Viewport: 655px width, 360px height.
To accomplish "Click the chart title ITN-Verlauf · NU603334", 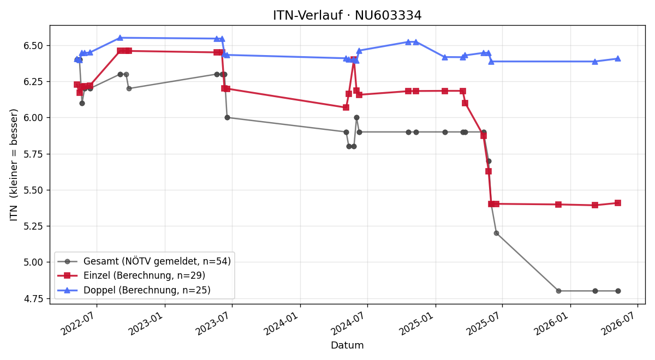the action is tap(347, 15).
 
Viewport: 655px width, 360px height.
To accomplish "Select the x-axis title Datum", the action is tap(347, 345).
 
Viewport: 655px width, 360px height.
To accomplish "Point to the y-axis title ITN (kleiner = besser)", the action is tap(14, 165).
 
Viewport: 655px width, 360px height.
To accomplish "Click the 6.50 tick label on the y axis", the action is tap(33, 46).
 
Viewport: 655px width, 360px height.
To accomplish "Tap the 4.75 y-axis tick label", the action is tap(33, 299).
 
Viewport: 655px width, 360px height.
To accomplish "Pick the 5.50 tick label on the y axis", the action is tap(33, 190).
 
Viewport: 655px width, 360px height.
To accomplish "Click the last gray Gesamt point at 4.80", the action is tap(618, 291).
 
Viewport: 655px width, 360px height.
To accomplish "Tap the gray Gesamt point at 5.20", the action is tap(496, 233).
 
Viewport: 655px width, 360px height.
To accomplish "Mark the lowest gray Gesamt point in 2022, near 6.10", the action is tap(82, 104).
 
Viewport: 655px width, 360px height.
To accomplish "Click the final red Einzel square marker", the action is tap(618, 203).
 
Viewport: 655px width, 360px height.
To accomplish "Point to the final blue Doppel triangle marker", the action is tap(618, 58).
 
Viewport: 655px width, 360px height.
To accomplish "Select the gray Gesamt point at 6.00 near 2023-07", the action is tap(227, 117).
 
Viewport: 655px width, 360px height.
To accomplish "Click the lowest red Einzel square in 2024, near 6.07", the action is tap(346, 107).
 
